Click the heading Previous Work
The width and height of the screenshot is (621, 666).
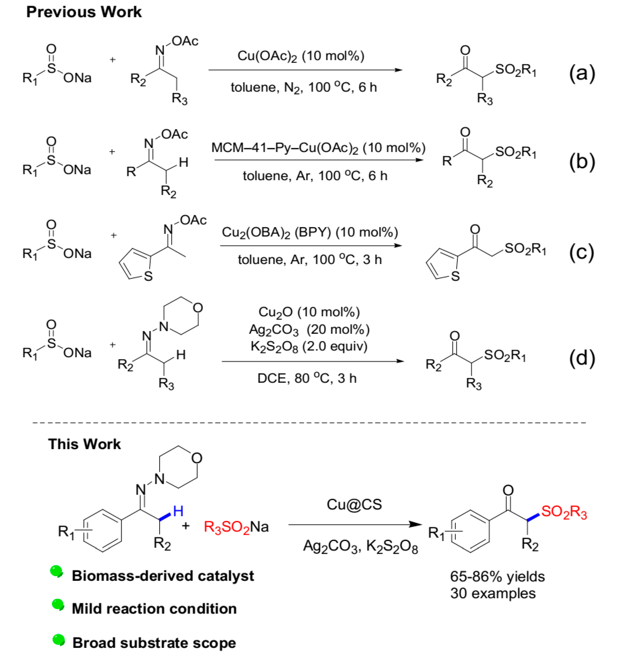click(x=84, y=12)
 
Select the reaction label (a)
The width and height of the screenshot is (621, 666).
click(x=582, y=73)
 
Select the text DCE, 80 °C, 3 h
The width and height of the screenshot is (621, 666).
click(x=307, y=378)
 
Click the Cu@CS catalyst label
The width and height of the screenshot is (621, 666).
click(x=354, y=504)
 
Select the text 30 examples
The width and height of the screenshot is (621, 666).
click(x=493, y=593)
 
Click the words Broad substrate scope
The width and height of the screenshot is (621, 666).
click(x=154, y=643)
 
